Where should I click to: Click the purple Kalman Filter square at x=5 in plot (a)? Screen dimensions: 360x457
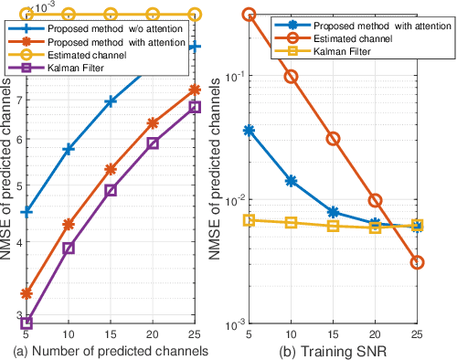[27, 323]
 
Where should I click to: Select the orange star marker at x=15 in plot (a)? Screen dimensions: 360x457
[110, 169]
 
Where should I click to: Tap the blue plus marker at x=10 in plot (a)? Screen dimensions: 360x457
[69, 148]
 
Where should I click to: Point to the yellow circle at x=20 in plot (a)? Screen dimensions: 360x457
[152, 15]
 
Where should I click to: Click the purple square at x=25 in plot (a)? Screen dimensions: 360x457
[194, 107]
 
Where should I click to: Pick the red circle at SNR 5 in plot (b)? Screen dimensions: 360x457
[250, 16]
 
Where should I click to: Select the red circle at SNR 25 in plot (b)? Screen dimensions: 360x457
[417, 262]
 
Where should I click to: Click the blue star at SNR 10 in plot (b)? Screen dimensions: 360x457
[292, 181]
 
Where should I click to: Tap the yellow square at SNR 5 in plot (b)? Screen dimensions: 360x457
[250, 220]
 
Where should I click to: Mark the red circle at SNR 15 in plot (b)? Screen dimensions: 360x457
[334, 139]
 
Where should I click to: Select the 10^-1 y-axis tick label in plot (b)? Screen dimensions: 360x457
[228, 76]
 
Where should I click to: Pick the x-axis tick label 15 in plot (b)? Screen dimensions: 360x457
[334, 335]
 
